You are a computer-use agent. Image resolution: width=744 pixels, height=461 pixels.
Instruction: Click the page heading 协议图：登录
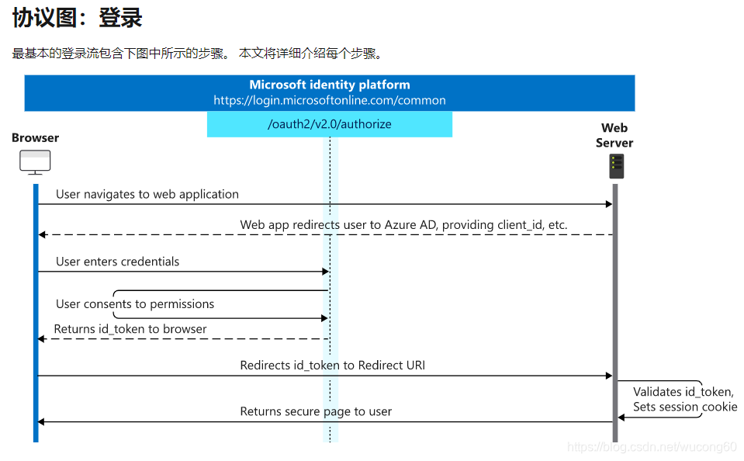(78, 18)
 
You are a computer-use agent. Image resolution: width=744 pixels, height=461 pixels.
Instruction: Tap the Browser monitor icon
(35, 162)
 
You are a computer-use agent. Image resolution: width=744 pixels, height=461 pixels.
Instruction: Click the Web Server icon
(616, 166)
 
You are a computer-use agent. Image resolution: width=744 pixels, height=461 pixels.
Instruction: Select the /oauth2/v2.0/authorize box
(329, 124)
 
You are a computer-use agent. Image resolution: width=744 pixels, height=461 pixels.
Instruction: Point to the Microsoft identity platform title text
(329, 85)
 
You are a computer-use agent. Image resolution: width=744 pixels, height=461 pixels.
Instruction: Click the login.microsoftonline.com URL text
(329, 100)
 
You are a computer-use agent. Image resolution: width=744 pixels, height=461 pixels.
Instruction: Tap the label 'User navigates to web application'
(147, 194)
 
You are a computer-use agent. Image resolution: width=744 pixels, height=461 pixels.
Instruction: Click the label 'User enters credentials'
(117, 262)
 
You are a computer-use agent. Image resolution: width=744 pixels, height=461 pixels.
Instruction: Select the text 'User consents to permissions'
(135, 304)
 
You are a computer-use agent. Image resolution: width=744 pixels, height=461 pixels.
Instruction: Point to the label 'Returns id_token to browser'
(130, 329)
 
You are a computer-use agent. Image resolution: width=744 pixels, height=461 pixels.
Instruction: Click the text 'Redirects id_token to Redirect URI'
(332, 366)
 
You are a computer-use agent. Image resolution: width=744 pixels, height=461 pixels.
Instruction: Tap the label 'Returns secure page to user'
(316, 411)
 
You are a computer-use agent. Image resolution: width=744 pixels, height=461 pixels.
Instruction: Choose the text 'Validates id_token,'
(683, 392)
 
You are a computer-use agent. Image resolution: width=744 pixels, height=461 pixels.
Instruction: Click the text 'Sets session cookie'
(684, 407)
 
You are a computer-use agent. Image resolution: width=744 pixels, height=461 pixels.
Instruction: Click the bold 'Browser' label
(35, 138)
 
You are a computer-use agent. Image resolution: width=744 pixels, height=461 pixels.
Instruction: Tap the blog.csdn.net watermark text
(652, 447)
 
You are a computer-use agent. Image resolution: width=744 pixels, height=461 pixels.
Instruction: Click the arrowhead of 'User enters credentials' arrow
(325, 272)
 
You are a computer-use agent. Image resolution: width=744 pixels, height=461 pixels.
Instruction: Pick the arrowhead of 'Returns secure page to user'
(42, 421)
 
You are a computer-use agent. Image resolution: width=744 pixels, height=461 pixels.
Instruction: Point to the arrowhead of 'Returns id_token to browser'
(42, 339)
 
